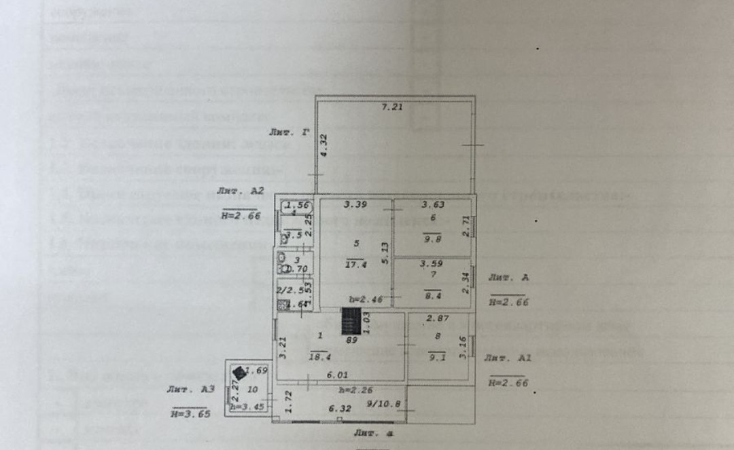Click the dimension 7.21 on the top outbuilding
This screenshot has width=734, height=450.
[393, 107]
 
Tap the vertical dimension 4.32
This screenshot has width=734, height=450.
[324, 145]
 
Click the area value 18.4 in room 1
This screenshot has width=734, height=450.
[319, 357]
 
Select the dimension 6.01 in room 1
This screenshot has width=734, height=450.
[337, 374]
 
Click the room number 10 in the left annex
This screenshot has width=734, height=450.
[252, 390]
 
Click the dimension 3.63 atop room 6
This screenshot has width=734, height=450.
[433, 204]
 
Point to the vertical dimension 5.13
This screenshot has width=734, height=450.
[385, 253]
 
